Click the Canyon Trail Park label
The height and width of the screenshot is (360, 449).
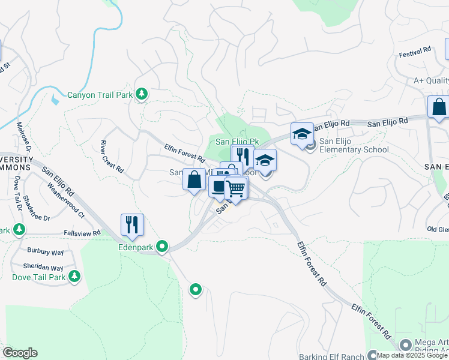pyautogui.click(x=99, y=94)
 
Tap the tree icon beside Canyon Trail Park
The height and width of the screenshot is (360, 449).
pyautogui.click(x=142, y=94)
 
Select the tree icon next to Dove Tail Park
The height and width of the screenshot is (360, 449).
pyautogui.click(x=74, y=276)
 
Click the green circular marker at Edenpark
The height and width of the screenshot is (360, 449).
pyautogui.click(x=162, y=246)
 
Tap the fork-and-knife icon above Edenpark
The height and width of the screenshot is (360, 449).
pyautogui.click(x=132, y=225)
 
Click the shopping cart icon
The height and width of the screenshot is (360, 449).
pyautogui.click(x=237, y=188)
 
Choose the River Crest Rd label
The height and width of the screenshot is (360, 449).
pyautogui.click(x=112, y=157)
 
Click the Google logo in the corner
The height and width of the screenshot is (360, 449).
pyautogui.click(x=19, y=353)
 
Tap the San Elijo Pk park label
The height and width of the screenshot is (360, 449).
pyautogui.click(x=237, y=142)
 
